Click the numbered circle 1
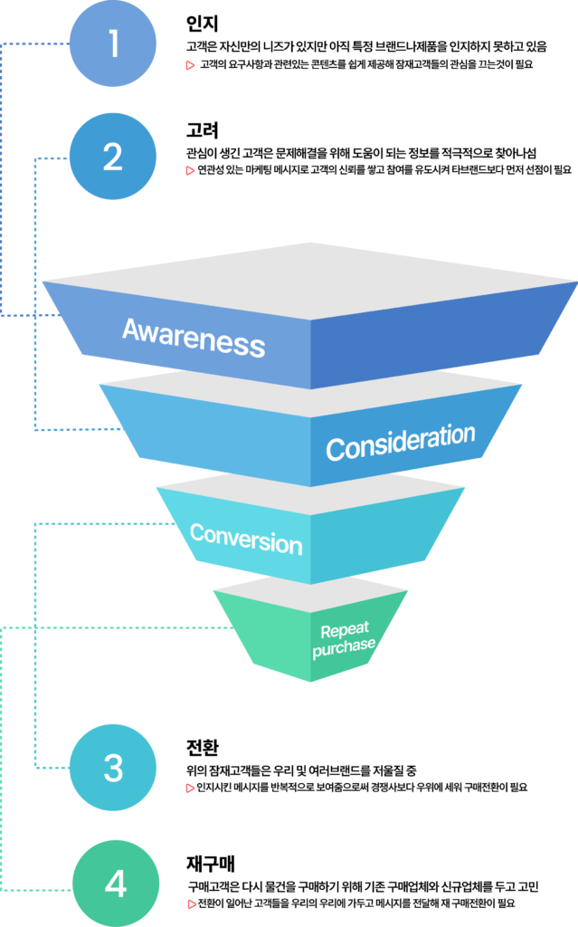[x=113, y=43]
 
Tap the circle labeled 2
[x=113, y=157]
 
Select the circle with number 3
[x=113, y=768]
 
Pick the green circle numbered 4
[x=116, y=884]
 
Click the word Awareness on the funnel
[x=194, y=337]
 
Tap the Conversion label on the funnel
[x=246, y=539]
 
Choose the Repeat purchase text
[x=344, y=638]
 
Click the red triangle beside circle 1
[x=190, y=65]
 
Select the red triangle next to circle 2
[x=190, y=170]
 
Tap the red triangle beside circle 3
[x=190, y=788]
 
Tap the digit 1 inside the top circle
[x=113, y=43]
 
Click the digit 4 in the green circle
[x=116, y=884]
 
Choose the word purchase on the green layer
[x=344, y=647]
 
